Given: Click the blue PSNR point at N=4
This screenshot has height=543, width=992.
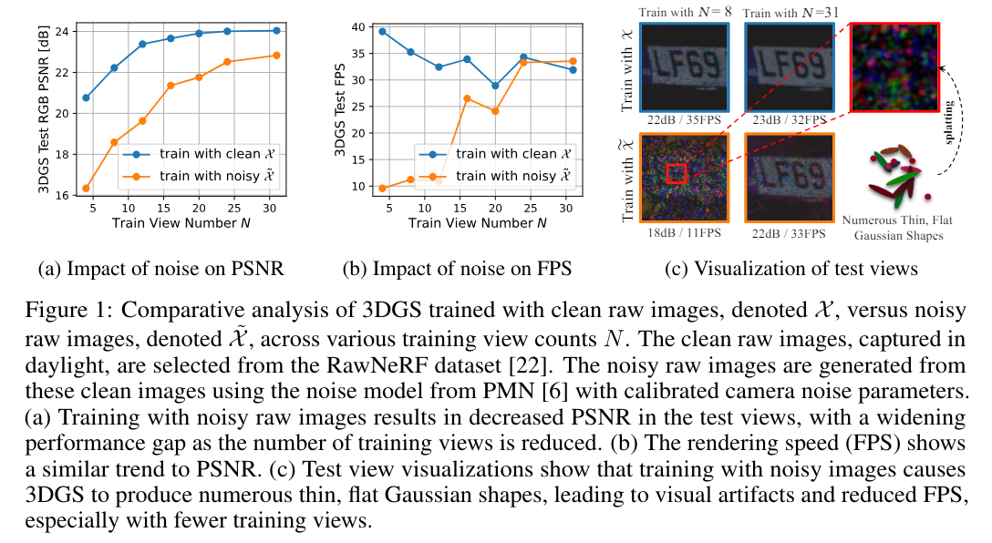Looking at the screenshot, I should (x=86, y=97).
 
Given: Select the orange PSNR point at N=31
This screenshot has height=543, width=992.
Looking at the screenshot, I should (x=276, y=56).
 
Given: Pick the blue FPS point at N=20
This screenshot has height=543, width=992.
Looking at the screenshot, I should (x=495, y=86).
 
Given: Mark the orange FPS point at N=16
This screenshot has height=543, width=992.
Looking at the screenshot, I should (x=467, y=98).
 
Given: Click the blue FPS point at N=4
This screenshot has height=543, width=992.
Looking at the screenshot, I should (x=382, y=31).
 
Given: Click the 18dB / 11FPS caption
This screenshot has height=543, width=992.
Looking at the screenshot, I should (x=683, y=232).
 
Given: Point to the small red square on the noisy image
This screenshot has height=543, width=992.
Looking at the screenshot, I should (x=676, y=173).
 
